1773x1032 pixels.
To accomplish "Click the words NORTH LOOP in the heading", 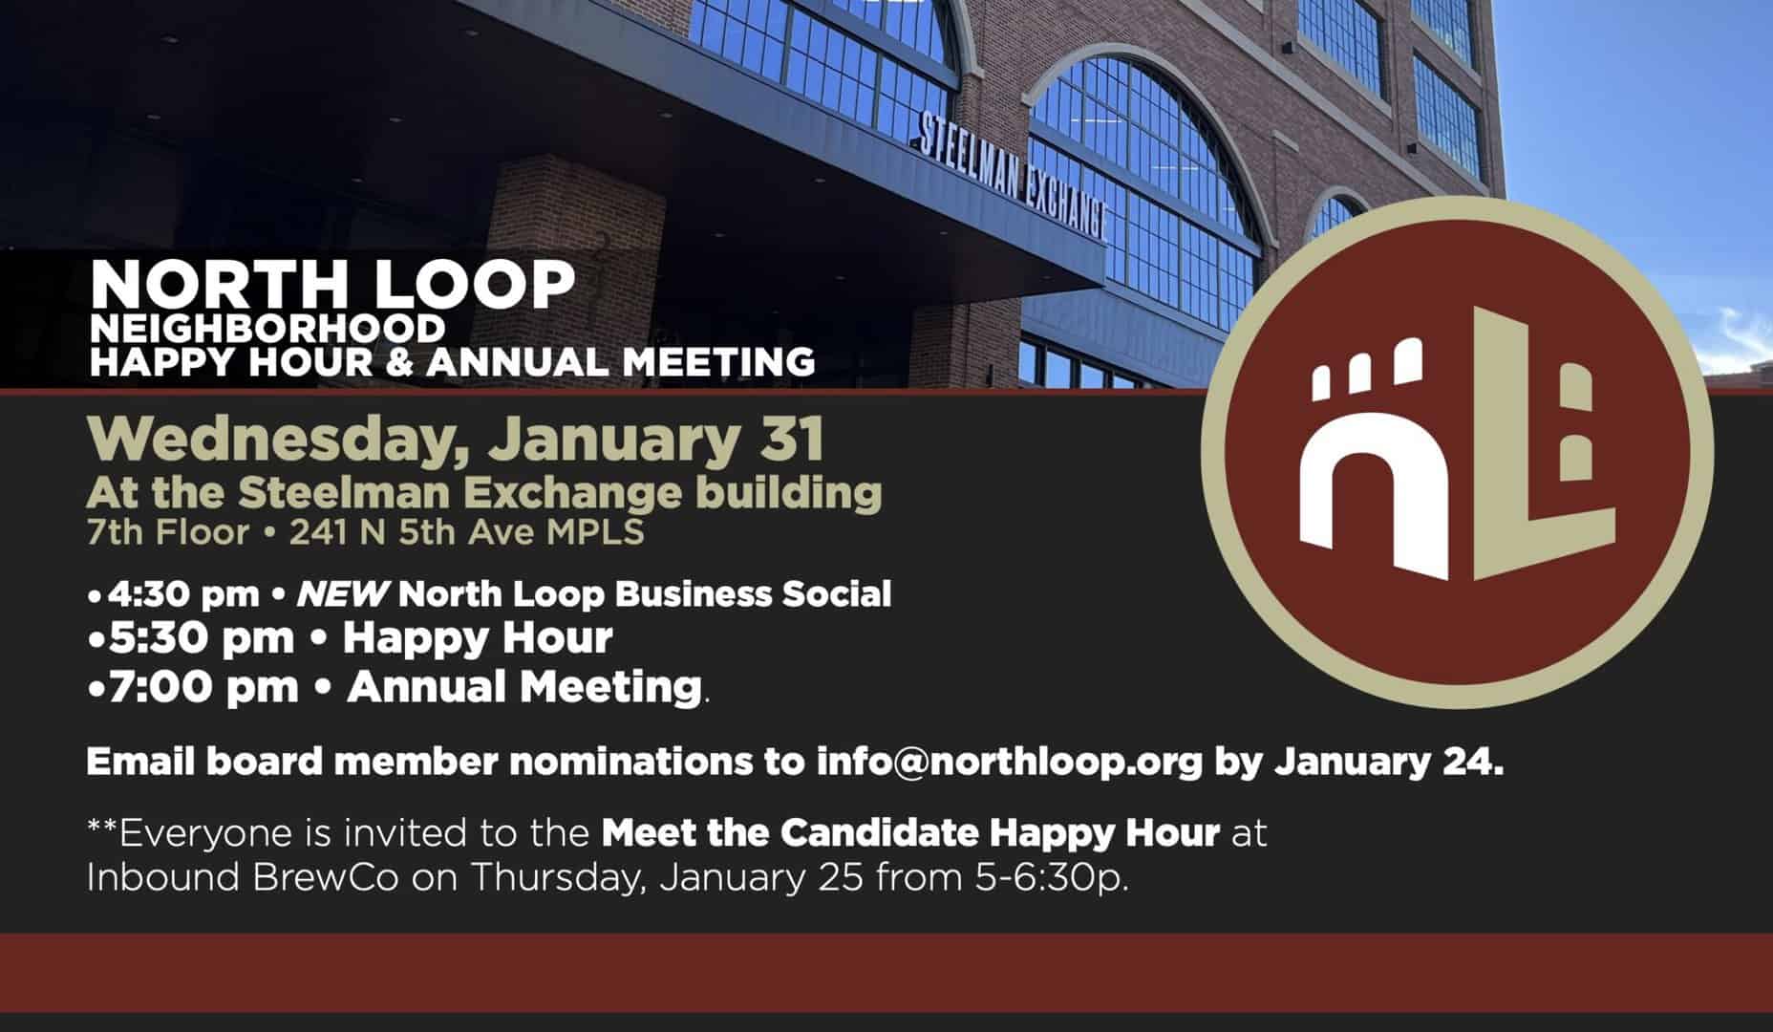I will [x=333, y=285].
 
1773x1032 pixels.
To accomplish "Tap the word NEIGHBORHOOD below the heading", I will [x=267, y=329].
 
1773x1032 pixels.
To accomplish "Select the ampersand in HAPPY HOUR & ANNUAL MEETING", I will [x=401, y=362].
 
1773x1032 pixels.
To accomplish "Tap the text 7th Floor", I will [x=167, y=532].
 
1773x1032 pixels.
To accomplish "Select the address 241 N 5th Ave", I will [x=415, y=532].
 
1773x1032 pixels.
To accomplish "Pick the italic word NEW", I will [x=341, y=594].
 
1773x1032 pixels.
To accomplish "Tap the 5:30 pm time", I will [x=202, y=638].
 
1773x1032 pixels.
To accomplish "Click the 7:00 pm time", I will [x=203, y=687].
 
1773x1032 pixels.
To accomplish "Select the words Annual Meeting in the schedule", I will [x=524, y=687].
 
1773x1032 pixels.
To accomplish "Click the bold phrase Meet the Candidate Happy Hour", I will [x=910, y=833].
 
